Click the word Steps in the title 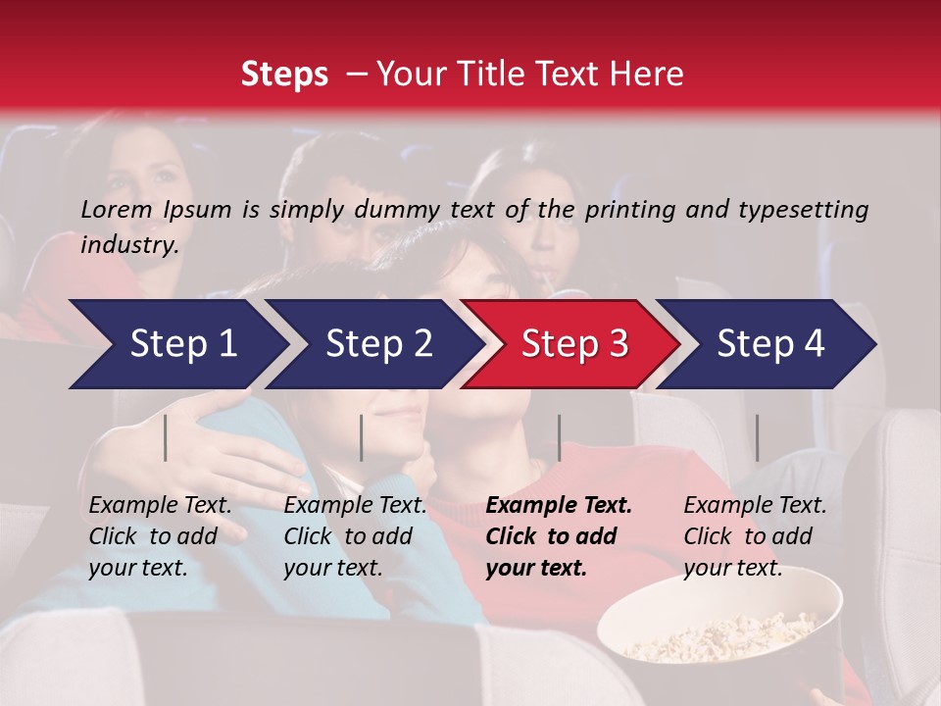point(284,75)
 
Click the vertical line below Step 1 point(166,437)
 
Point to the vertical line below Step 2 point(362,437)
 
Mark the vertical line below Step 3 point(559,437)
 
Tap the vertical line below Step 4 point(757,437)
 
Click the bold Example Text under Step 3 point(559,506)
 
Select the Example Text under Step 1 point(160,506)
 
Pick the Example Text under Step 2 point(355,506)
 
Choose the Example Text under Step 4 point(755,506)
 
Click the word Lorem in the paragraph point(117,209)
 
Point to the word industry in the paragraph point(129,245)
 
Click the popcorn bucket point(720,628)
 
